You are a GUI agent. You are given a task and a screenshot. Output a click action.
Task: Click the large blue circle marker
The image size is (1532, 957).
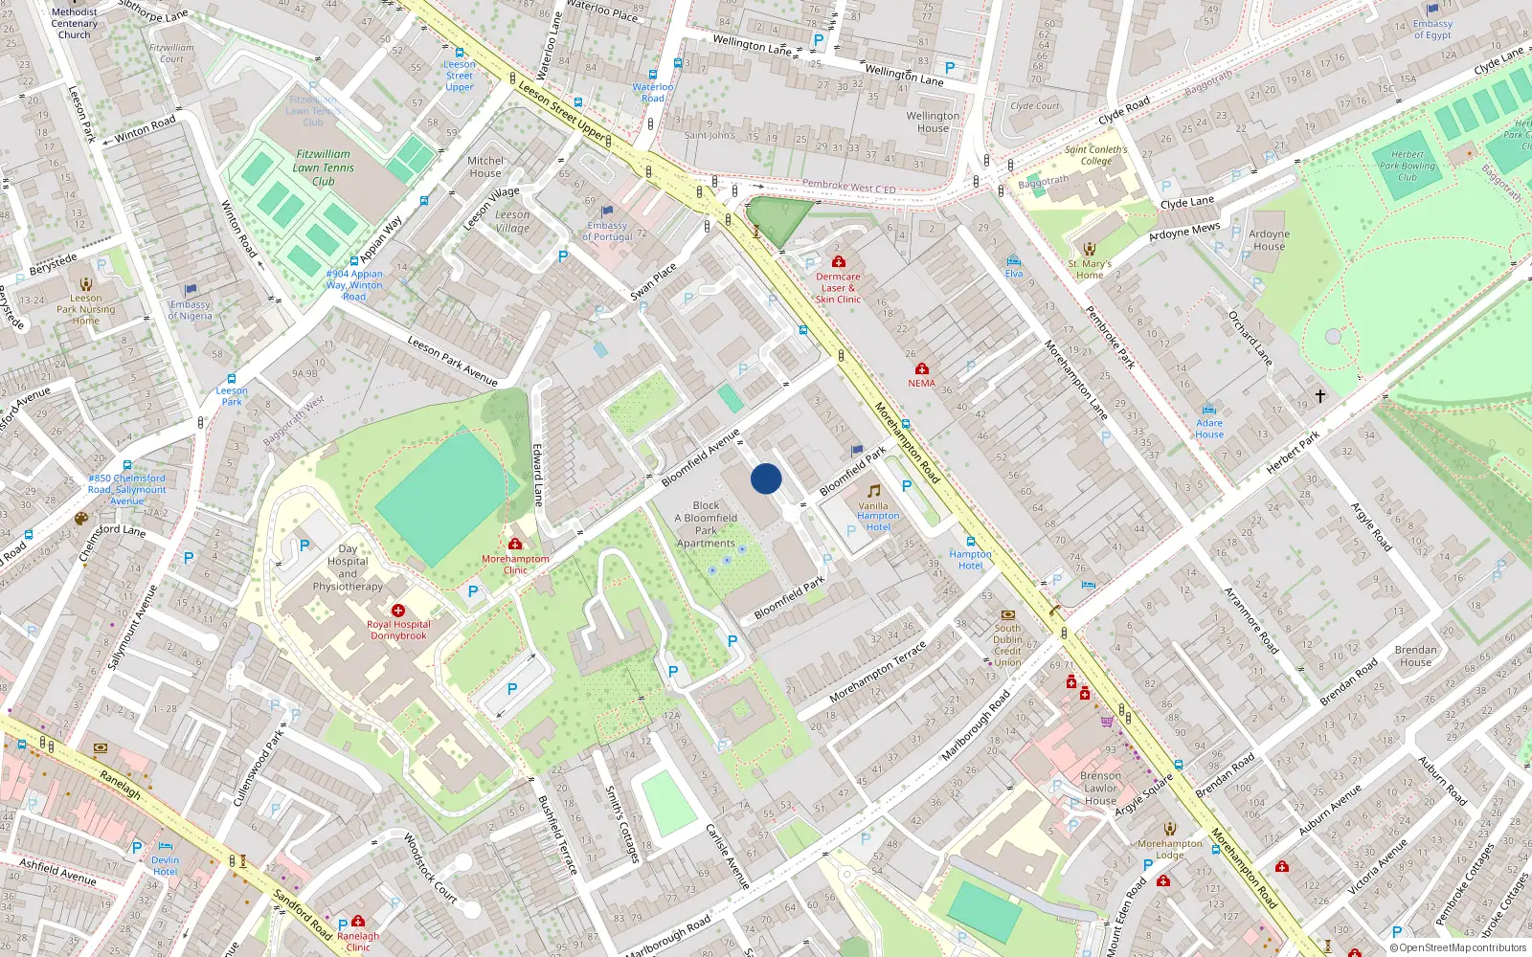[x=766, y=478]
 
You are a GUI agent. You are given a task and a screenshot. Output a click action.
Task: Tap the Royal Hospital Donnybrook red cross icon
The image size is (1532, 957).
[x=398, y=611]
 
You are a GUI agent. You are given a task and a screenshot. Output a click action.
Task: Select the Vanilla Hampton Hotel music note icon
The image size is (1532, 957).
[x=873, y=491]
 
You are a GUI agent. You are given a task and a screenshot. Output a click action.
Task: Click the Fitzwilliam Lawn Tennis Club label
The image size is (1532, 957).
[x=324, y=167]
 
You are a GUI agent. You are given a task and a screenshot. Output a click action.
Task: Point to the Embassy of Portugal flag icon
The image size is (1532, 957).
[x=607, y=211]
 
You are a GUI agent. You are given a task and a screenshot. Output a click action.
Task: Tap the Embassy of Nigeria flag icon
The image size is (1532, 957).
[x=191, y=290]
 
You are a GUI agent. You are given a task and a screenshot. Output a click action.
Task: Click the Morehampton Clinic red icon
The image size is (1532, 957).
[x=515, y=545]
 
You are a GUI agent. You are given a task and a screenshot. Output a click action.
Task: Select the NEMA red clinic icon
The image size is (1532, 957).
[x=922, y=369]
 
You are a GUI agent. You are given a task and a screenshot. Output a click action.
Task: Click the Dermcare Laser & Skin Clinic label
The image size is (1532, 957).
[x=838, y=288]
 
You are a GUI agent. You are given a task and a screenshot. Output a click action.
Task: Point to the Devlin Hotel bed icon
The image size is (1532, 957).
[x=165, y=847]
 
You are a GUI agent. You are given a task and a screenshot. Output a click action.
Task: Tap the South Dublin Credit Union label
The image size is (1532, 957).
[x=1007, y=645]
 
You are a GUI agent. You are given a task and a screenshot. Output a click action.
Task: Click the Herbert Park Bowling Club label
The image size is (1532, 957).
[x=1407, y=166]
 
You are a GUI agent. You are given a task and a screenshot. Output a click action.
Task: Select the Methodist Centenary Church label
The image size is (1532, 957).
[x=74, y=23]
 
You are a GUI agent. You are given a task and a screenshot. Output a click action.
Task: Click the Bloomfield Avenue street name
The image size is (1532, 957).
[x=701, y=457]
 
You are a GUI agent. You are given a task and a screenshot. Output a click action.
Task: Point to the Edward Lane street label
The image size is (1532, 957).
[x=538, y=474]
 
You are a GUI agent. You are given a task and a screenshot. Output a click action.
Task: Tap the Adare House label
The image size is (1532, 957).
[x=1209, y=429]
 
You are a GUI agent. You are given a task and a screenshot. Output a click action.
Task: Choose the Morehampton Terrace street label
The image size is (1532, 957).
[x=878, y=671]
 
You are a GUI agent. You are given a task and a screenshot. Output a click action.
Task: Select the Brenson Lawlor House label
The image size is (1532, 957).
[x=1100, y=789]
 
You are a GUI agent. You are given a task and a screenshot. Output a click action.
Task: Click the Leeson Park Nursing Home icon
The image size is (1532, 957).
[x=86, y=284]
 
